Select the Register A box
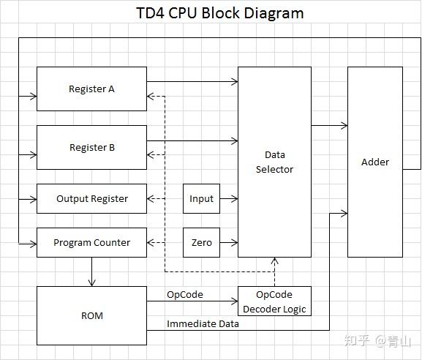click(x=91, y=89)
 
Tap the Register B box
click(x=91, y=148)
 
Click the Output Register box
click(x=91, y=199)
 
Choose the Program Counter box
click(x=91, y=243)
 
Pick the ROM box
click(x=91, y=316)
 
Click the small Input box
click(x=201, y=199)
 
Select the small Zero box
click(x=201, y=243)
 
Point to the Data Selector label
click(x=274, y=162)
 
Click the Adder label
click(x=374, y=162)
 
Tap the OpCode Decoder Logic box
click(x=274, y=301)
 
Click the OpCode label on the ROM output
click(x=184, y=294)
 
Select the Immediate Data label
click(x=203, y=323)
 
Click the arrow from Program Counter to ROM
click(x=91, y=271)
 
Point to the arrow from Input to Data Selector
click(x=229, y=199)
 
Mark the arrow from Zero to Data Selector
click(x=229, y=243)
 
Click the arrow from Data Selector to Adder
click(x=329, y=126)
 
